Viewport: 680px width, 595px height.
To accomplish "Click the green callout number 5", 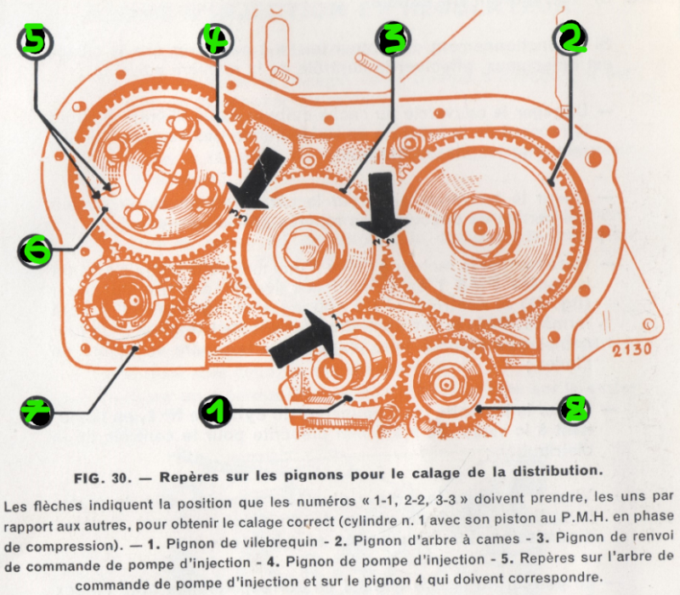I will coord(35,39).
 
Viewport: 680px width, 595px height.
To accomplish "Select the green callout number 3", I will coord(394,39).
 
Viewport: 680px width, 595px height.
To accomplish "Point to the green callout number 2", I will coord(570,39).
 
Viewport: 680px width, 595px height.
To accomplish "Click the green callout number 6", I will coord(35,251).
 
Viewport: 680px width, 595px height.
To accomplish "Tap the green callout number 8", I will coord(575,409).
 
